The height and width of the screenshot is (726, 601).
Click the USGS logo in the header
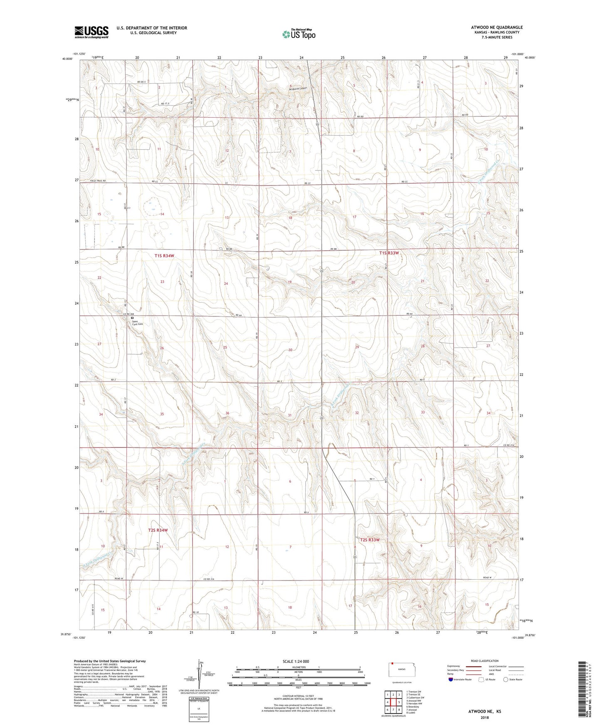pyautogui.click(x=91, y=32)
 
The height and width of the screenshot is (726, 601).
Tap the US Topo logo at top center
pyautogui.click(x=299, y=34)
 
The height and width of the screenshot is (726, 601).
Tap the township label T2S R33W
pyautogui.click(x=370, y=540)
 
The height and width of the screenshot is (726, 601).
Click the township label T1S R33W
pyautogui.click(x=389, y=253)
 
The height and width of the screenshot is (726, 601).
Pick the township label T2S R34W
pyautogui.click(x=158, y=530)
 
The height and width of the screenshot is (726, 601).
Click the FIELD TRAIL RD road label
pyautogui.click(x=98, y=181)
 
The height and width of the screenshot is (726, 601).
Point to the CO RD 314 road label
pyautogui.click(x=508, y=446)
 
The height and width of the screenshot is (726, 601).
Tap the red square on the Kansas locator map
pyautogui.click(x=391, y=664)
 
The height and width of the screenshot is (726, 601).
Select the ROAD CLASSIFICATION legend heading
pyautogui.click(x=485, y=661)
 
